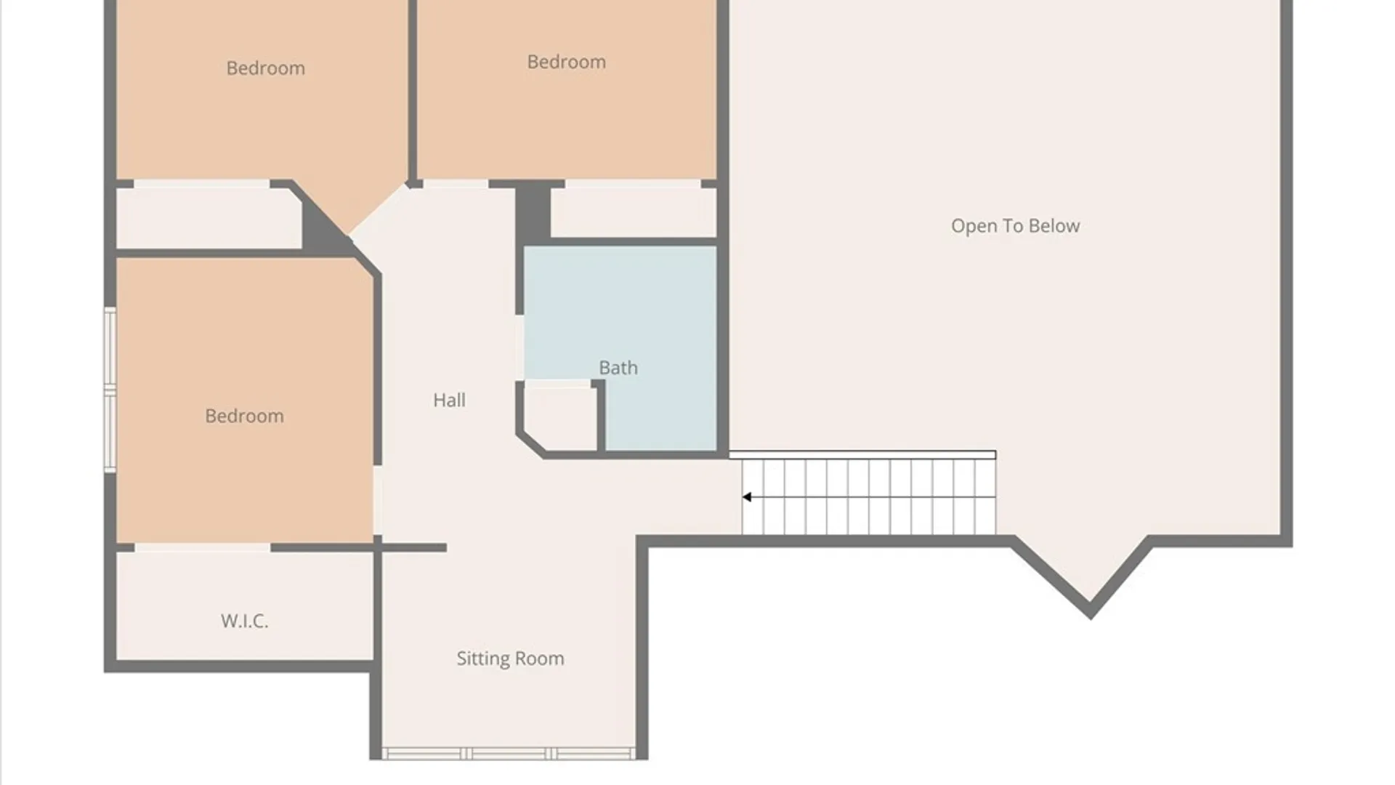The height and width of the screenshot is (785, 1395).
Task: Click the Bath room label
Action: tap(618, 368)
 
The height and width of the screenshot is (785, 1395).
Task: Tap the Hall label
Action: tap(449, 400)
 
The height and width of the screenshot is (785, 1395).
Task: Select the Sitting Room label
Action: tap(510, 659)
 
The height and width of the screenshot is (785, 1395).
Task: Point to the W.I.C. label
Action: tap(245, 621)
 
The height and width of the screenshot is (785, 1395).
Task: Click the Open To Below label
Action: tap(1015, 226)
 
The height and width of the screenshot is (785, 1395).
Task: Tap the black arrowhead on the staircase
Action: tap(746, 497)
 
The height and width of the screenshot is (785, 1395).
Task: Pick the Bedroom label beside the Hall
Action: tap(244, 416)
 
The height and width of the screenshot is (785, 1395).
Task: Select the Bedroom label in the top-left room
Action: tap(265, 68)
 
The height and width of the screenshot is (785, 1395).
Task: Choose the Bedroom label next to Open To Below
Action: tap(566, 63)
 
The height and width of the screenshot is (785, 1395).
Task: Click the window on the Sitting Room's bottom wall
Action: tap(509, 754)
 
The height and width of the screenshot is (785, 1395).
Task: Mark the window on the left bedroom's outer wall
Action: tap(110, 390)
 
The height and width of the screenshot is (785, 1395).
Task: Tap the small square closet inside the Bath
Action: tap(560, 418)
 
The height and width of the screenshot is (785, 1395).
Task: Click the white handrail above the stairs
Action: tap(862, 455)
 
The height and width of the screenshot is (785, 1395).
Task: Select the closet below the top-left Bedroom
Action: tap(209, 218)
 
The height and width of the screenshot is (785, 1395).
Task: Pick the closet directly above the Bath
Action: tap(633, 212)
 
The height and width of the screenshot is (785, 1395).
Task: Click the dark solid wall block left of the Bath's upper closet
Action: tap(533, 212)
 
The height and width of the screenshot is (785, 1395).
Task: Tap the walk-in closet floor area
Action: tap(245, 605)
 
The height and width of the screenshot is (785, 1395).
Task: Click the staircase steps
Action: tap(869, 497)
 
